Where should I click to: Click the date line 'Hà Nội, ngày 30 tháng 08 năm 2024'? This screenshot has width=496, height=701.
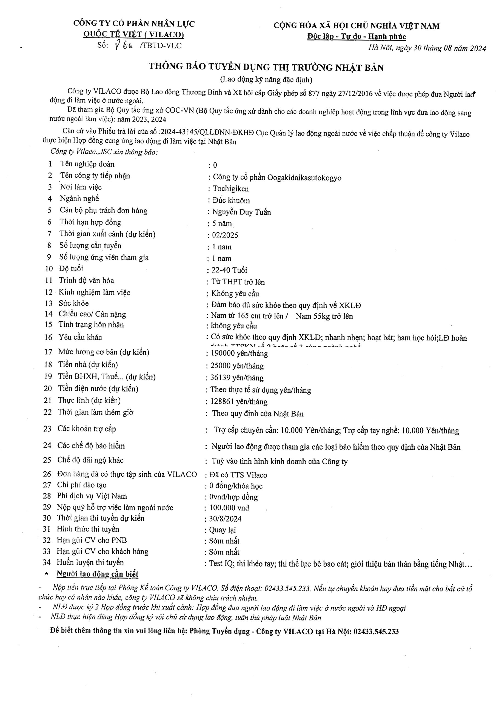(x=427, y=48)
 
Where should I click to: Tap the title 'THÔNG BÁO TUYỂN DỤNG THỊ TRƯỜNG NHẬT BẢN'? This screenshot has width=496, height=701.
(x=266, y=67)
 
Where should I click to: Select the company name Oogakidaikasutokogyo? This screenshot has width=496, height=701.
(x=304, y=178)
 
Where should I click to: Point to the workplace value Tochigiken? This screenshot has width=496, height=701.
(x=230, y=189)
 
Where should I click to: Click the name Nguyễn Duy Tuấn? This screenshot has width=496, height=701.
(x=241, y=212)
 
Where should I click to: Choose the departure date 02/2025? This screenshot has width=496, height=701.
(x=225, y=235)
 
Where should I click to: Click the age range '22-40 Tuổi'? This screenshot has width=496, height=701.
(x=229, y=270)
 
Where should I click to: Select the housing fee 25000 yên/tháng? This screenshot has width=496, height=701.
(x=237, y=366)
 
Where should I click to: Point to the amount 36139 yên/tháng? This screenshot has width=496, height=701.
(x=237, y=378)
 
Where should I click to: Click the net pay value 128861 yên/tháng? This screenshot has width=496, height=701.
(x=239, y=402)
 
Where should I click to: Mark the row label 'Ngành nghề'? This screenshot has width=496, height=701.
(x=79, y=199)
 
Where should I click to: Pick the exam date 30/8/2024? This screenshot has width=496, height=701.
(x=225, y=519)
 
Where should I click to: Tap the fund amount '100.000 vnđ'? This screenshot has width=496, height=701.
(x=229, y=508)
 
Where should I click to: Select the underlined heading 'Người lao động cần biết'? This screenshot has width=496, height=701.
(x=98, y=574)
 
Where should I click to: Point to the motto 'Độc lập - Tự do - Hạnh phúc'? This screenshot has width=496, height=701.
(x=356, y=37)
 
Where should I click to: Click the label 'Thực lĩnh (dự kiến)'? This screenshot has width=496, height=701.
(x=89, y=401)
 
